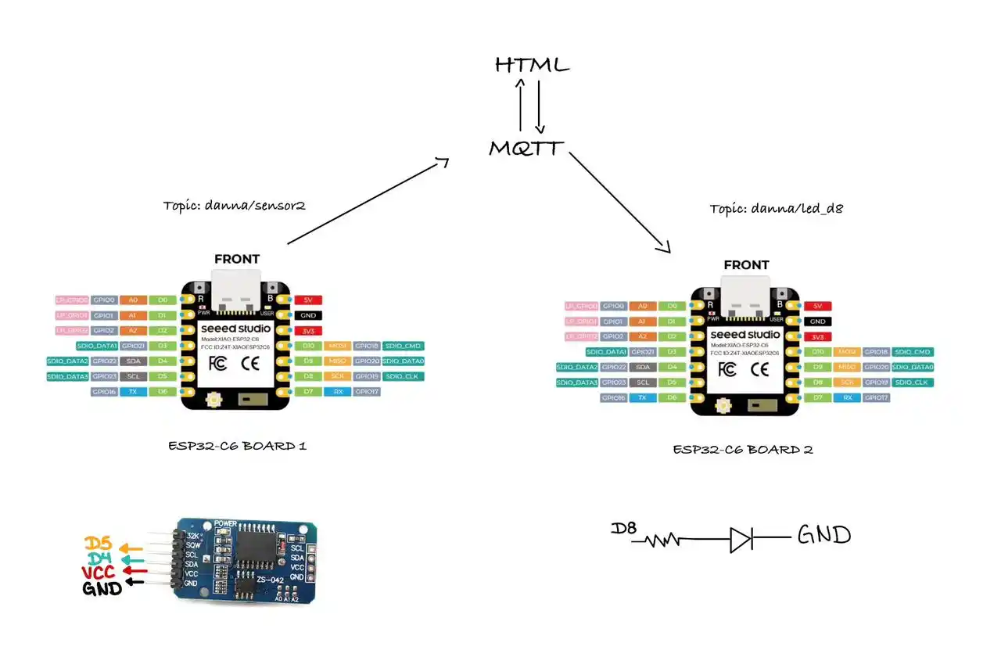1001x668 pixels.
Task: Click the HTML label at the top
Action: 532,65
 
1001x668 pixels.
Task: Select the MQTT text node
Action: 526,148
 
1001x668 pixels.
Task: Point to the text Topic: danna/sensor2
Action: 234,206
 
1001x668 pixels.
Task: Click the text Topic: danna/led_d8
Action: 776,209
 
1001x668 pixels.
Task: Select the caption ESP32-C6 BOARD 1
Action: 237,446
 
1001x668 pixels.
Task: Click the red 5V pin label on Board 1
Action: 309,300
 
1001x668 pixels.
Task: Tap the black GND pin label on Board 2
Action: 817,321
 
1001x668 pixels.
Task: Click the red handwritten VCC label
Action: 99,573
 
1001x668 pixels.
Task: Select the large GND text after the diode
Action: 823,536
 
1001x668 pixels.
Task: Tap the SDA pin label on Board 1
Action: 133,361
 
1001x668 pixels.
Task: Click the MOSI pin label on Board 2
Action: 847,352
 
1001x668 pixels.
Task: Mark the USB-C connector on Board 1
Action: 237,289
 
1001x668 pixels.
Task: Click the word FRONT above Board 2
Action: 746,265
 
